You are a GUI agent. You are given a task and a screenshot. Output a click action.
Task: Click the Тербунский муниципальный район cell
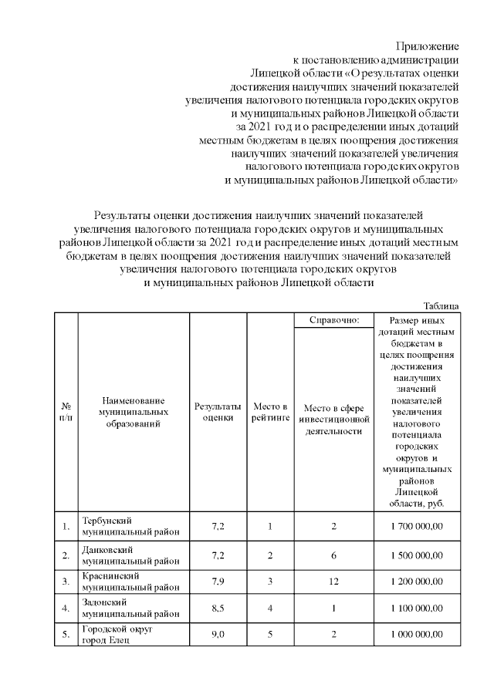(114, 527)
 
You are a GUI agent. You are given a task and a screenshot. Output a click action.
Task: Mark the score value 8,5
(218, 608)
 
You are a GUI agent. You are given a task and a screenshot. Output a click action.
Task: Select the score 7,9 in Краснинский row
(218, 582)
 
